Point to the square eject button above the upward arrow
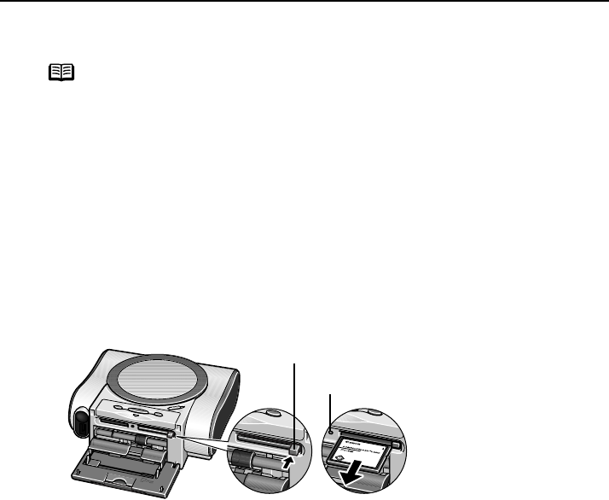click(x=295, y=448)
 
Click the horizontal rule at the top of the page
click(x=304, y=2)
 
